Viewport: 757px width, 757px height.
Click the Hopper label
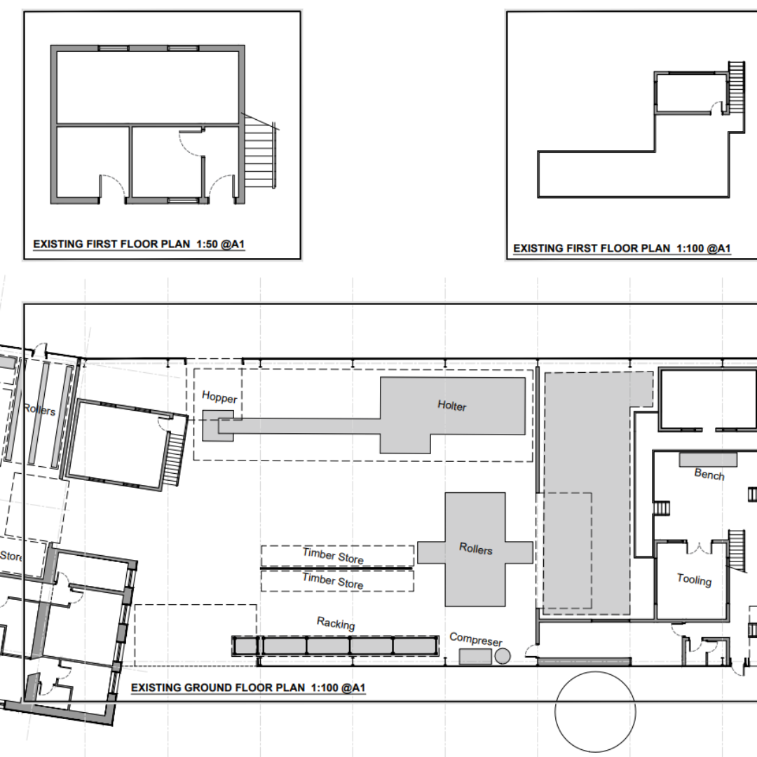(x=219, y=397)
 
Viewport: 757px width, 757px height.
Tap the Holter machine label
(x=452, y=406)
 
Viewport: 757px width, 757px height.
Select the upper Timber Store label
(x=333, y=556)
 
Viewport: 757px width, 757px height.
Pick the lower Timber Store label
(x=333, y=581)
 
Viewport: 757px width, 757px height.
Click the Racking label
(x=336, y=623)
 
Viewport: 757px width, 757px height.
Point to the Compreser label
(x=476, y=639)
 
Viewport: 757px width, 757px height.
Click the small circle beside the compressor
(x=503, y=655)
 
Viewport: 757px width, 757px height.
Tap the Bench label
(x=709, y=474)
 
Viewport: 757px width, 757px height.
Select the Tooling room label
(x=694, y=580)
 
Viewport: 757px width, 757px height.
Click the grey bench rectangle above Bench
(x=708, y=459)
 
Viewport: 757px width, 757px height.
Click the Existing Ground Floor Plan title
(x=248, y=688)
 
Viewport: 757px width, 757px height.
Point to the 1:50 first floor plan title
(x=139, y=244)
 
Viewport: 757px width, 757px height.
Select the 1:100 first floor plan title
(x=622, y=248)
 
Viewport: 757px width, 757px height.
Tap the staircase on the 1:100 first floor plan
(x=737, y=88)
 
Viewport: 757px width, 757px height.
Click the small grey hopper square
(x=218, y=426)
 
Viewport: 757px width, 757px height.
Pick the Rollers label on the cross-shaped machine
(x=475, y=548)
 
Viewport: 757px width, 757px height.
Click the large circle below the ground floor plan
(x=595, y=711)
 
